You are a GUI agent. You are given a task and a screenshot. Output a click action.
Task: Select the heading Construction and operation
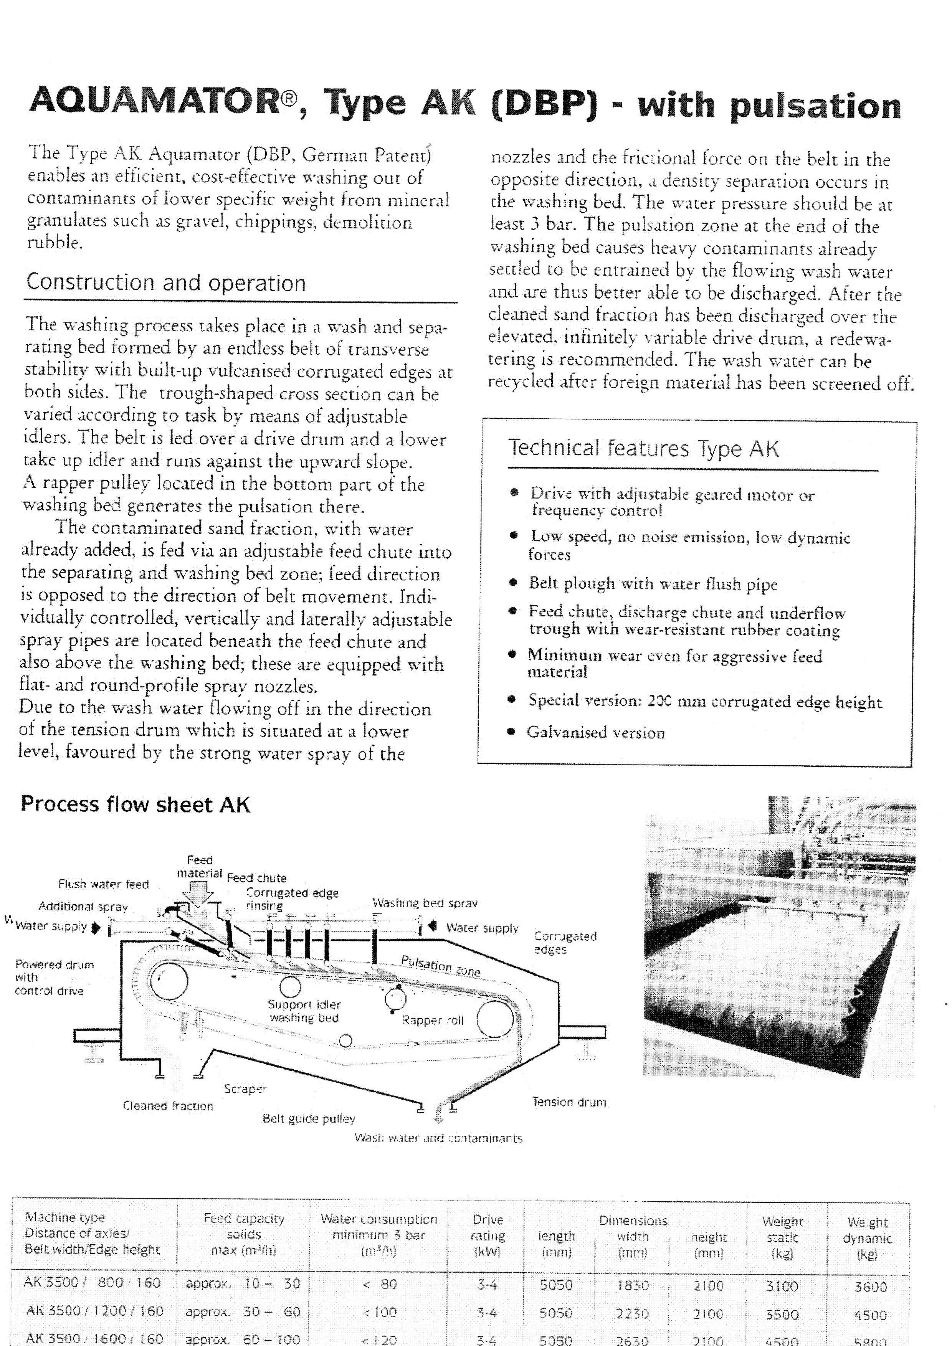[x=166, y=282]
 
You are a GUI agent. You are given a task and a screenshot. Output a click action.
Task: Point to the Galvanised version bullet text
[x=596, y=733]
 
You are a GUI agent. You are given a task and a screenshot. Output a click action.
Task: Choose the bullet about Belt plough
[x=653, y=584]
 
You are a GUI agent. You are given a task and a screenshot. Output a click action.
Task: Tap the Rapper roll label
[x=433, y=1020]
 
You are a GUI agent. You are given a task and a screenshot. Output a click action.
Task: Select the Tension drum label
[x=569, y=1102]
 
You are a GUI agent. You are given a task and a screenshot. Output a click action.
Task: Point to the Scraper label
[x=245, y=1088]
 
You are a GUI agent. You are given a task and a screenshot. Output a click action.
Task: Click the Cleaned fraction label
[x=168, y=1106]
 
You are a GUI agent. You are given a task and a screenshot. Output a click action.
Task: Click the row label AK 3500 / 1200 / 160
[x=94, y=1311]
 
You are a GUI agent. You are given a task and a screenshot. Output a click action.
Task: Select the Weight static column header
[x=783, y=1237]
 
